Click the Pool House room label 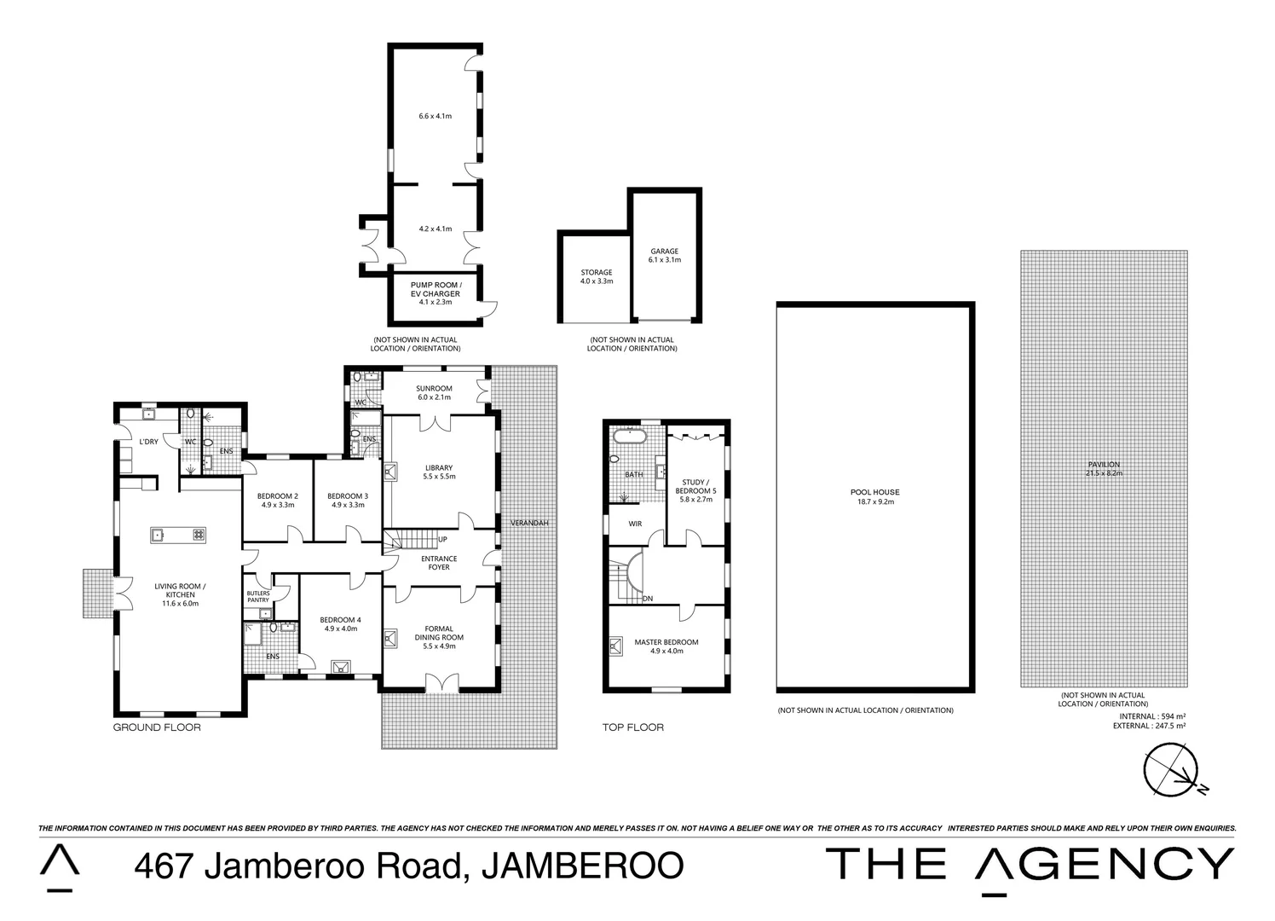point(874,492)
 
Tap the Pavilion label point(1104,465)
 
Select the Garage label point(664,252)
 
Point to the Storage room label point(596,272)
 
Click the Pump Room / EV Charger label point(435,289)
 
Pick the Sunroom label point(435,388)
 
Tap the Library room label point(439,467)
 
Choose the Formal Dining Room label point(439,637)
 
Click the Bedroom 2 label point(278,496)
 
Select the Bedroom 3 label point(348,496)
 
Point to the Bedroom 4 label point(340,620)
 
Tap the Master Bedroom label point(666,642)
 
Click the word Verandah point(528,522)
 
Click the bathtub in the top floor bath point(629,439)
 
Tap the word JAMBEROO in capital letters point(582,866)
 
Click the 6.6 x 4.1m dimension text point(435,115)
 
